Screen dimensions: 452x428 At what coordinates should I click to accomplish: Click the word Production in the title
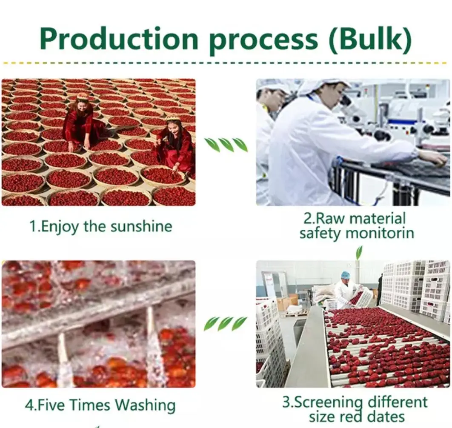coord(119,39)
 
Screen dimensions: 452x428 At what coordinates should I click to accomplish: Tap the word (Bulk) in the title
coord(369,39)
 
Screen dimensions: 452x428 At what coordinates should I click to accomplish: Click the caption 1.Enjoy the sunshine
coord(100,226)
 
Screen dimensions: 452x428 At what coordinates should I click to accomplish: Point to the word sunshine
coord(141,226)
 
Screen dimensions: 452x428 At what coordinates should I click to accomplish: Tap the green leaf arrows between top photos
coord(226,145)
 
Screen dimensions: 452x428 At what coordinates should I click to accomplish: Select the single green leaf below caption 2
coord(359,252)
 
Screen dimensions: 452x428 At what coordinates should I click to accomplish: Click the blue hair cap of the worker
coord(346,275)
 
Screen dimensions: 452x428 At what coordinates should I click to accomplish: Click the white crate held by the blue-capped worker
coord(363,297)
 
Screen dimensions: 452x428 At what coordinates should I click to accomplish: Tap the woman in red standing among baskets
coord(81,123)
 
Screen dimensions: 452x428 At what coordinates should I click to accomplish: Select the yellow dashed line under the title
coord(226,63)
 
